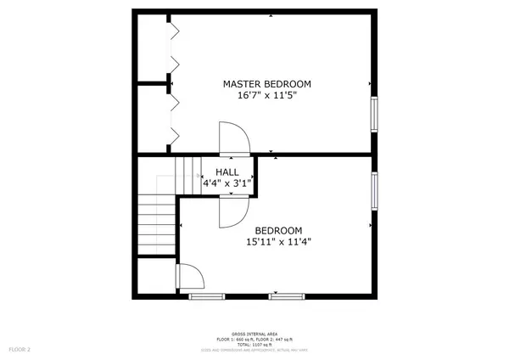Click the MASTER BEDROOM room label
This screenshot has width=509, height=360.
pos(266,84)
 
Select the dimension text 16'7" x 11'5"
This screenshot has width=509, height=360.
pos(266,96)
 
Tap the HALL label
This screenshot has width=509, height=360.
pos(226,172)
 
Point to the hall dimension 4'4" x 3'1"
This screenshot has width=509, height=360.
pos(226,183)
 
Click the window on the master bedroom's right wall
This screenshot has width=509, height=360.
pos(374,115)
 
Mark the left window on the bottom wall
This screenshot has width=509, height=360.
pos(207,295)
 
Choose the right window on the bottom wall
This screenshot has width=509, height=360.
pos(287,295)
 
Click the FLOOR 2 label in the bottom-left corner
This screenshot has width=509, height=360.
pos(19,348)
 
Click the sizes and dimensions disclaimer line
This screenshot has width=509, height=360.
pos(254,349)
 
